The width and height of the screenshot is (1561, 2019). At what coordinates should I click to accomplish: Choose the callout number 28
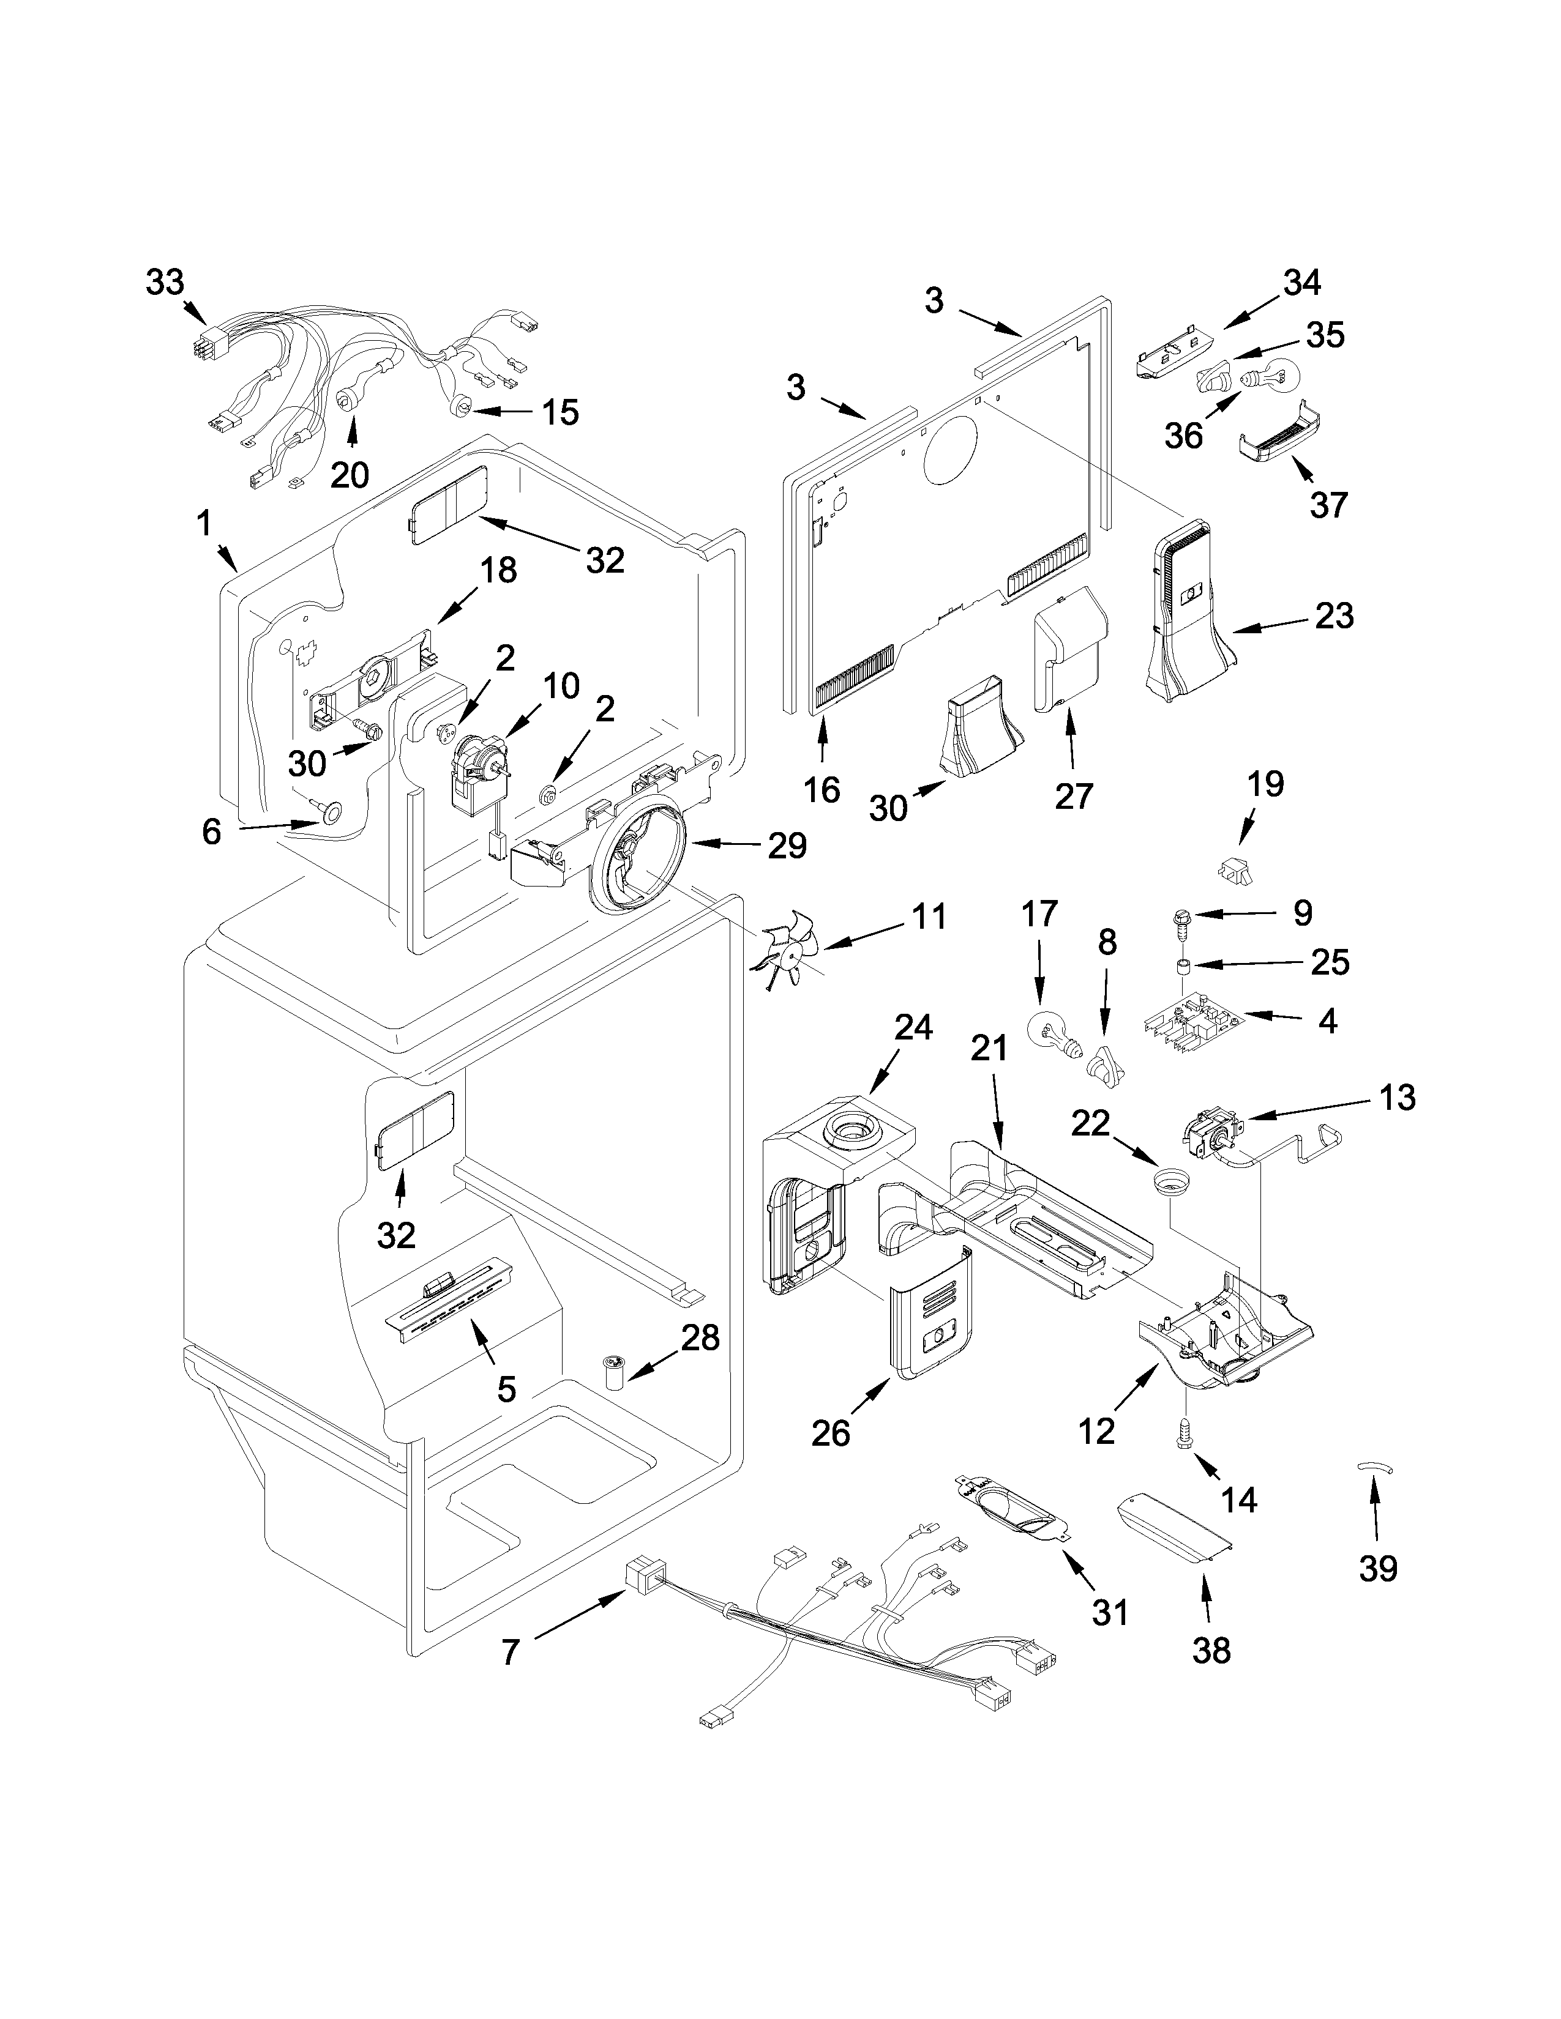click(x=701, y=1337)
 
